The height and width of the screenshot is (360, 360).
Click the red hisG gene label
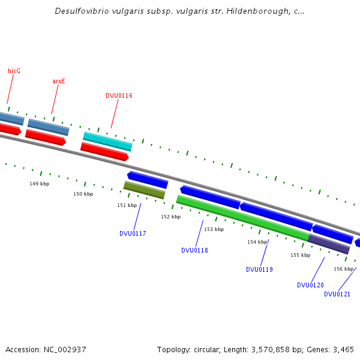click(14, 71)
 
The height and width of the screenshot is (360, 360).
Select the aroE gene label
click(59, 81)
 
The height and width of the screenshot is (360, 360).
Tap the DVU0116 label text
click(119, 95)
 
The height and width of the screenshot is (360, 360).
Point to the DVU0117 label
click(133, 233)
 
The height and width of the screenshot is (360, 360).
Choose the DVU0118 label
click(194, 250)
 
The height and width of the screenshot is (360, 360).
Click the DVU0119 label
click(259, 269)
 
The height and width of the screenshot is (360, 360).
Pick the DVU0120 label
click(310, 285)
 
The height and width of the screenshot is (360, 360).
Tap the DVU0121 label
click(337, 294)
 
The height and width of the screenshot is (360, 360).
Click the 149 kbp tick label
click(40, 184)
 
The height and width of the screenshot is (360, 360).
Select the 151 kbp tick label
click(127, 205)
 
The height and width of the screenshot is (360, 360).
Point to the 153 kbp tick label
click(214, 229)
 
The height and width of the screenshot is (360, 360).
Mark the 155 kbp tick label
click(301, 255)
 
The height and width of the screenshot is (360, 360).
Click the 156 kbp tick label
click(343, 269)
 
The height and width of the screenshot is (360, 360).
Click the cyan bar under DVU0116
click(107, 142)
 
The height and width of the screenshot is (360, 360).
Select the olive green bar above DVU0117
click(144, 190)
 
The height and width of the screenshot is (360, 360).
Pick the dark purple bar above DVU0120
click(329, 244)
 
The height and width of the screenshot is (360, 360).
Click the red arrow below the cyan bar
click(104, 151)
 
